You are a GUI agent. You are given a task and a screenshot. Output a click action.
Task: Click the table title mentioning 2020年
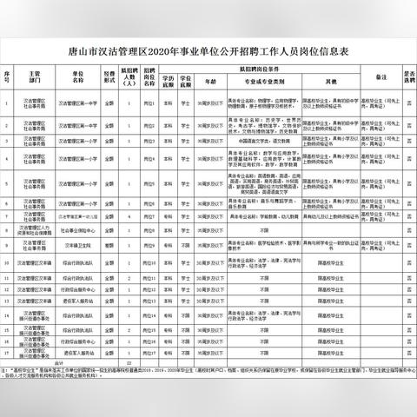coord(208,50)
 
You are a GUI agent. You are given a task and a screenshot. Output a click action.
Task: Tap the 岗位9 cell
coord(149,242)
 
